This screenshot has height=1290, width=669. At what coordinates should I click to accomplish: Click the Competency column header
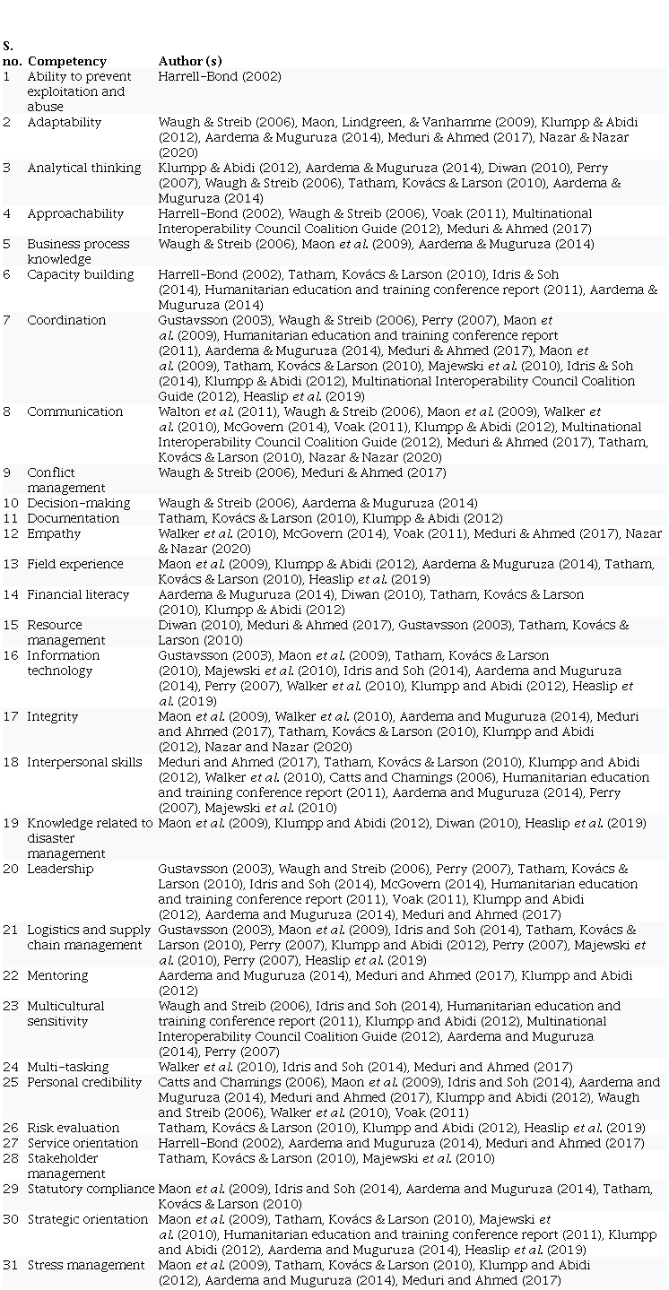(x=66, y=61)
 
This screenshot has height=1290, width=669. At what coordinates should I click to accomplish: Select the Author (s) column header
(x=189, y=61)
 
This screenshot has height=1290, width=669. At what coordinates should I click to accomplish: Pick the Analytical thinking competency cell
(x=83, y=168)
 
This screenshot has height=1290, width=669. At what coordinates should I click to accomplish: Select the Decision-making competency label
(x=78, y=503)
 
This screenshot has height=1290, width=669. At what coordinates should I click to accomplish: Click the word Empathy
(x=54, y=533)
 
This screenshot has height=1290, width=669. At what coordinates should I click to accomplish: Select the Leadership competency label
(x=59, y=869)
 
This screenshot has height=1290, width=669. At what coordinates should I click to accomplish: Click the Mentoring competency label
(x=57, y=975)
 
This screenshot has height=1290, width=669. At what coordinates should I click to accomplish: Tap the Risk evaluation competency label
(x=73, y=1128)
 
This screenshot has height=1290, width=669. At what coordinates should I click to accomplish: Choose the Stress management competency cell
(x=85, y=1265)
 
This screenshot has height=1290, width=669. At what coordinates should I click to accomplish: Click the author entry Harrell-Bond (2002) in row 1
(x=219, y=76)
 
